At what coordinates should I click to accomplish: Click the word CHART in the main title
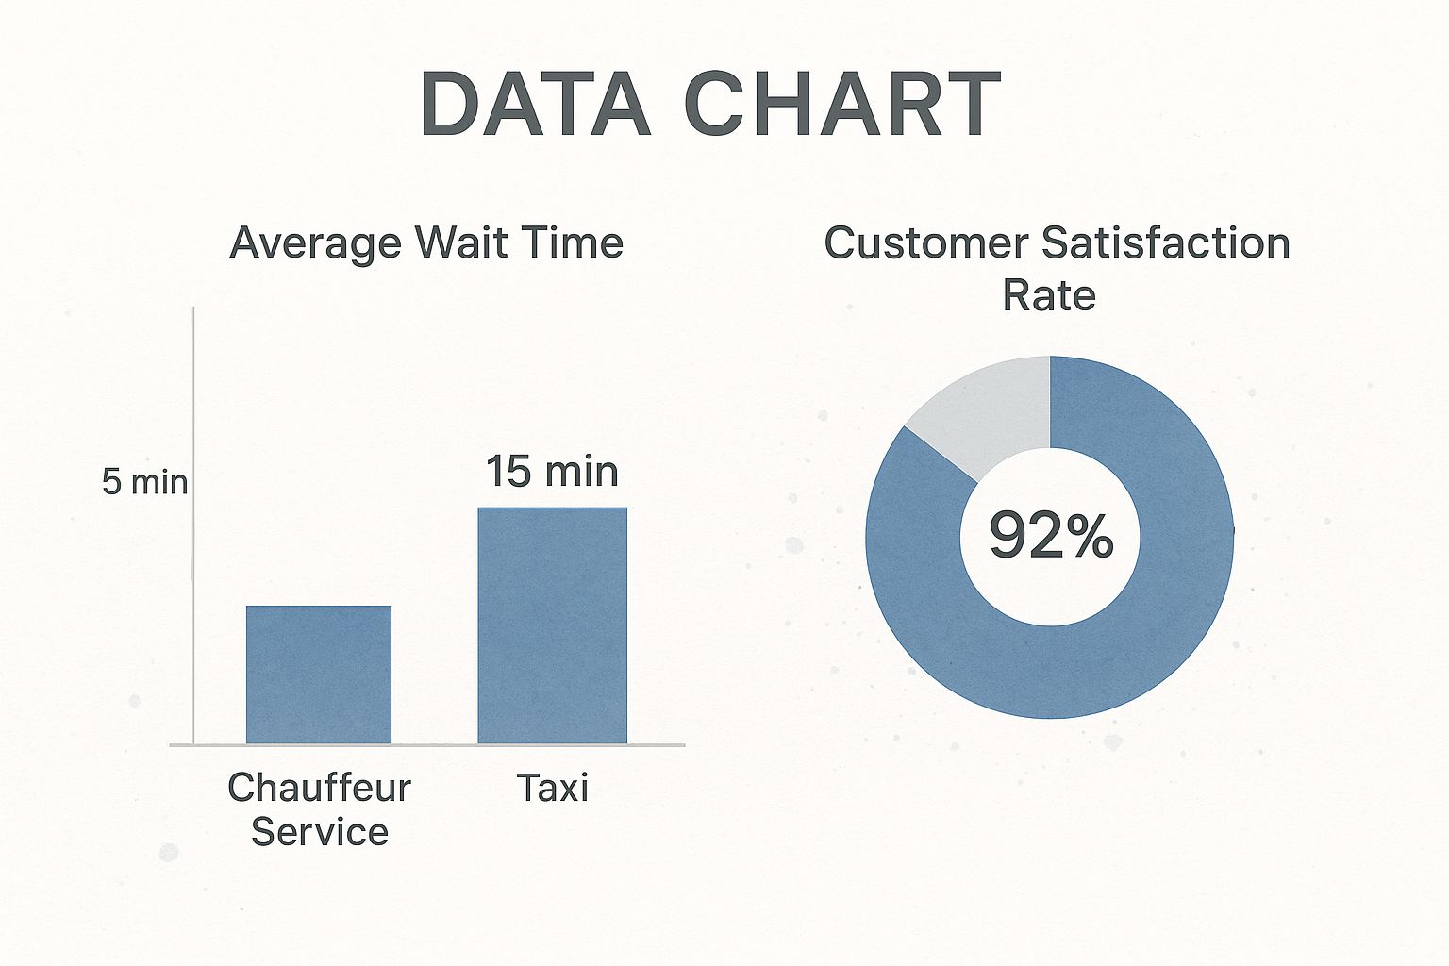click(x=841, y=105)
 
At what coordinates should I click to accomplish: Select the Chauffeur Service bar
click(x=319, y=675)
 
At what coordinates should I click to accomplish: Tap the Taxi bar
click(x=552, y=625)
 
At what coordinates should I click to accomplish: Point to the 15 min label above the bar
click(x=552, y=471)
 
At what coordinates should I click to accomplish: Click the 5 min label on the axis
click(x=144, y=482)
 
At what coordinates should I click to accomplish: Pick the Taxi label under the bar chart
click(x=552, y=788)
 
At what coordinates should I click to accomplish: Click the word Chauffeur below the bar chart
click(x=319, y=788)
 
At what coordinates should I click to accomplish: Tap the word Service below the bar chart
click(x=319, y=832)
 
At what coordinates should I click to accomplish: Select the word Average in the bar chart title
click(x=316, y=243)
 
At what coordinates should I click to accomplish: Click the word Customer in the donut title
click(x=924, y=243)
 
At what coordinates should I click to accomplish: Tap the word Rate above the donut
click(x=1048, y=295)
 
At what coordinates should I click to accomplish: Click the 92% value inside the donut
click(x=1050, y=535)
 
